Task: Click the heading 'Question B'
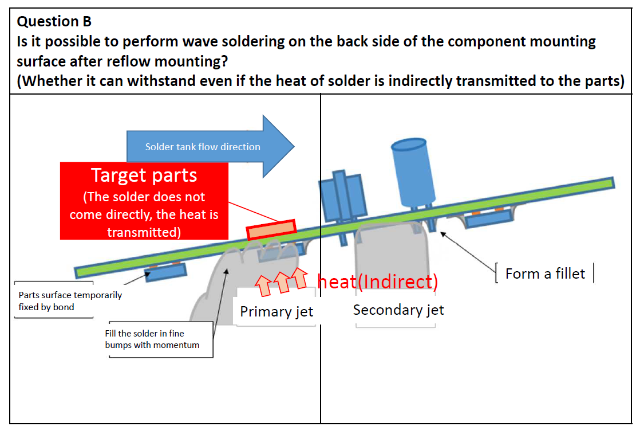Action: coord(54,22)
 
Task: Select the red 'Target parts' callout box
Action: coord(144,201)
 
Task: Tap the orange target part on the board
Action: coord(271,229)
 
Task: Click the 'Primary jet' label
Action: coord(276,312)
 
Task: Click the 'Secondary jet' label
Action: coord(398,310)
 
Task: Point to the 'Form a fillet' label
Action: coord(545,274)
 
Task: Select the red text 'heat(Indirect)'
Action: coord(377,282)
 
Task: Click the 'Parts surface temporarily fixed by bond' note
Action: coord(69,300)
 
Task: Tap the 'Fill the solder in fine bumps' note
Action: coord(152,339)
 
